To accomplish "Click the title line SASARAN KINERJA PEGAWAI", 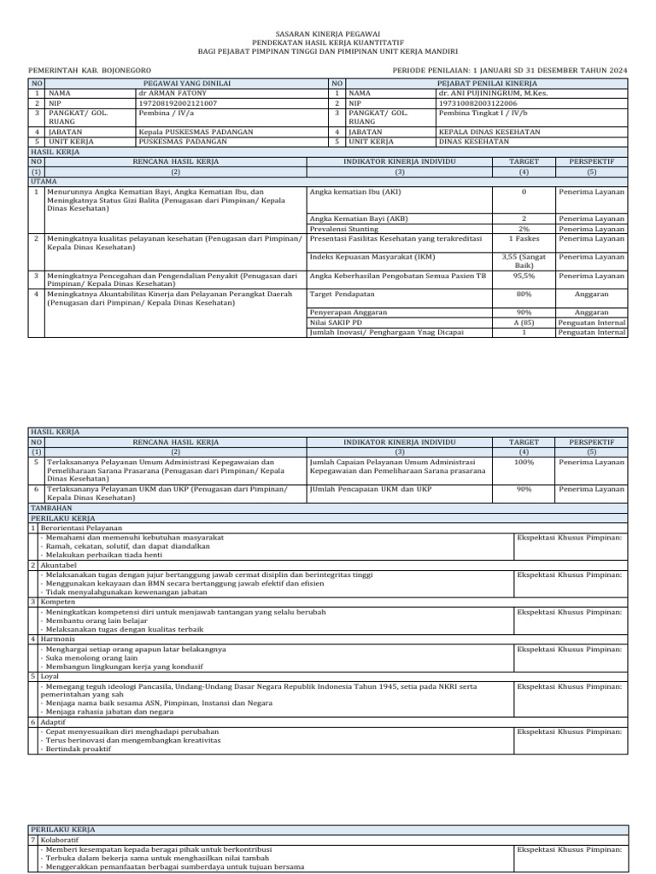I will pos(328,32).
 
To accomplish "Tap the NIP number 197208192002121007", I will pos(178,102).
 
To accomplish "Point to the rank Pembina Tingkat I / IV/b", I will pos(482,112).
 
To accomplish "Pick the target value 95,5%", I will pos(524,276).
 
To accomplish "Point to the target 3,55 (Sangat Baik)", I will pos(524,260).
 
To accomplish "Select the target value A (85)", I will pos(524,323).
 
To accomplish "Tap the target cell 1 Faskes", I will pos(524,238).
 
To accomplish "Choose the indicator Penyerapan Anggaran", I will pos(345,312).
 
